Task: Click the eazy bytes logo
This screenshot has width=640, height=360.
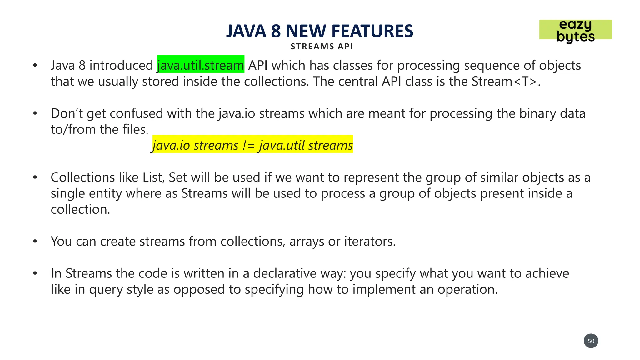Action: tap(575, 30)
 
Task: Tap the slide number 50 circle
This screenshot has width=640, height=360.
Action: tap(591, 341)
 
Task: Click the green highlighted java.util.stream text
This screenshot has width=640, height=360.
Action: tap(200, 65)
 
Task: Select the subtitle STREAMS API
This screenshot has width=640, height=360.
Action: tap(322, 47)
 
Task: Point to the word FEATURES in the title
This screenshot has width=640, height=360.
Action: tap(372, 31)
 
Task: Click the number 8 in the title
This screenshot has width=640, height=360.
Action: tap(276, 31)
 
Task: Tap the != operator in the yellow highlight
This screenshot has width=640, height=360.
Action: tap(248, 146)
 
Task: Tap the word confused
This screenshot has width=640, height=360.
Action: tap(136, 113)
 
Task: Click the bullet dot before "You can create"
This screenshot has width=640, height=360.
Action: tap(35, 241)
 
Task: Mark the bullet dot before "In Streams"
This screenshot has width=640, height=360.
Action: tap(35, 273)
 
